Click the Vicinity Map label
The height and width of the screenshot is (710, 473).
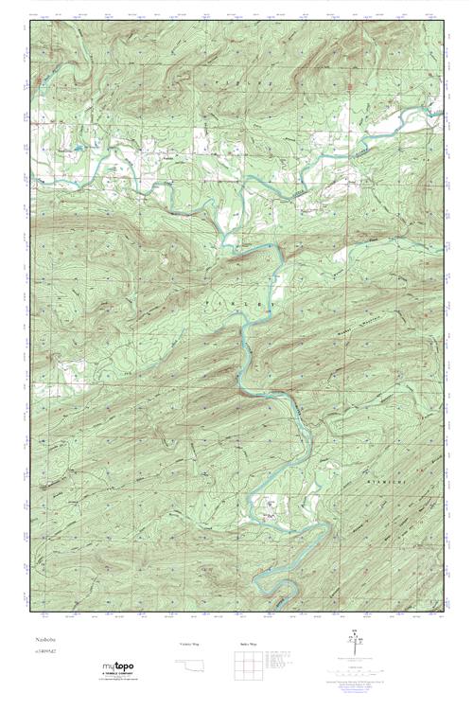click(189, 645)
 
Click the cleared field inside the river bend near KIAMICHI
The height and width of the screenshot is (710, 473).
click(270, 511)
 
